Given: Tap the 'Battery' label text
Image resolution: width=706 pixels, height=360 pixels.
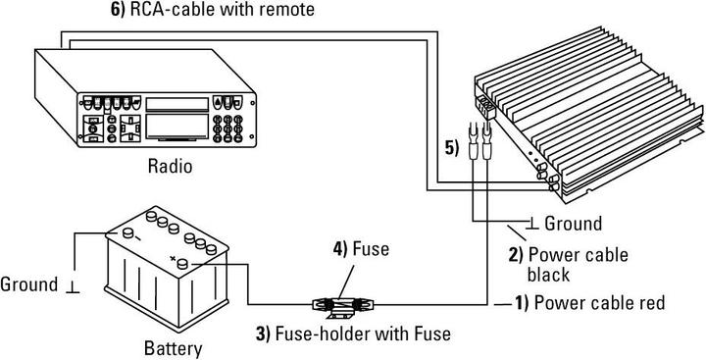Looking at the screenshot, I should point(173,348).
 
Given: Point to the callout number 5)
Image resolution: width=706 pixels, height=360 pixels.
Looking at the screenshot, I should point(451,149).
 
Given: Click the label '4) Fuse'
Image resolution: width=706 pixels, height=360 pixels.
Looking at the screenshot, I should point(360,249).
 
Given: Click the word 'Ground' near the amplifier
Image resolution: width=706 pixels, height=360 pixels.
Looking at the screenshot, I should point(573,224).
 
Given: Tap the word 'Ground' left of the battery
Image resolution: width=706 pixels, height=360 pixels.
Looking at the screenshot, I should point(30,285).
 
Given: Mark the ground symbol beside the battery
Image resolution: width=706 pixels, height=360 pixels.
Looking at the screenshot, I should point(71,286).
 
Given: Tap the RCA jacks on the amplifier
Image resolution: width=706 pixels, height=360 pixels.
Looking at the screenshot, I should point(554,178).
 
